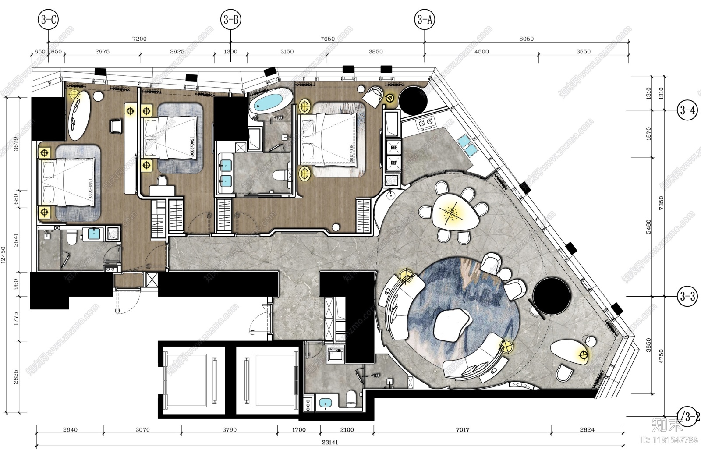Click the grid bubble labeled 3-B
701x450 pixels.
click(230, 19)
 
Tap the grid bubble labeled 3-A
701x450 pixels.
click(424, 19)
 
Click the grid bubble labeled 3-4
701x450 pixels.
click(687, 110)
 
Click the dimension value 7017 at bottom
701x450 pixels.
click(462, 429)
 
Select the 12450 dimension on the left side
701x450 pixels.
click(4, 255)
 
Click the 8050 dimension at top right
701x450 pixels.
click(526, 39)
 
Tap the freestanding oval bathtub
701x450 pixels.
click(270, 103)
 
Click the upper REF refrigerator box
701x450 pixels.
click(393, 148)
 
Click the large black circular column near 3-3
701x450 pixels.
click(552, 296)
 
